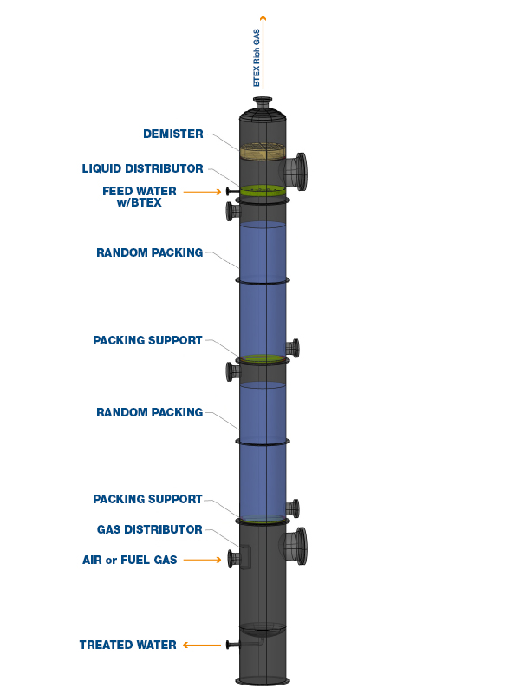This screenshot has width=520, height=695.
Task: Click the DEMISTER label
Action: (x=173, y=134)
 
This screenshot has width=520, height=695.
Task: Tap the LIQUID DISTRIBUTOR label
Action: (x=142, y=168)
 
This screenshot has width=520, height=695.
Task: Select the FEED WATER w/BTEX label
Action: (x=140, y=196)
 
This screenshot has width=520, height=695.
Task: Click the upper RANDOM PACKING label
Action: (x=150, y=252)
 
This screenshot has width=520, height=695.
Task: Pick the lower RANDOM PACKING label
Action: (x=150, y=412)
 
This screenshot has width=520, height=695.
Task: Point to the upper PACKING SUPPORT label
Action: (x=147, y=340)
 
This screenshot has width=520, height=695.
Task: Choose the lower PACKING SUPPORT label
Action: (x=147, y=499)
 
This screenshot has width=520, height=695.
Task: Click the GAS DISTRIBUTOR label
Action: (x=150, y=529)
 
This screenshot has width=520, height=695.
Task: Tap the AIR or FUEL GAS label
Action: (x=130, y=560)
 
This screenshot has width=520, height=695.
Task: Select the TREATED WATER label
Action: (x=128, y=645)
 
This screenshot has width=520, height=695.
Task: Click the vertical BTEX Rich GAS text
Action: (x=257, y=57)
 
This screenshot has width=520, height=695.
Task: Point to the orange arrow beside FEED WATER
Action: (x=202, y=192)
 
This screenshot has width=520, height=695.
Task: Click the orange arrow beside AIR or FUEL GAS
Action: (x=202, y=560)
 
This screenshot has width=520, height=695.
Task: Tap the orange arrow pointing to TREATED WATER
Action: (x=202, y=645)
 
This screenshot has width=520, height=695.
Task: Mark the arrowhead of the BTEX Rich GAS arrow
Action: (x=263, y=17)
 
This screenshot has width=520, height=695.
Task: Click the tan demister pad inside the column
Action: (x=263, y=151)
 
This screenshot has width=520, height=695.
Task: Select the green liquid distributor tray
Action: (x=263, y=191)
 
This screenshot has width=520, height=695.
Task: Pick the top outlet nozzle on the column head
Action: (x=263, y=103)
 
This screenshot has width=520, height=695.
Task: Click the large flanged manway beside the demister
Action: (x=295, y=172)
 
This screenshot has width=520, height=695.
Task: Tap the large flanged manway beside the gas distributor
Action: (x=295, y=546)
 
